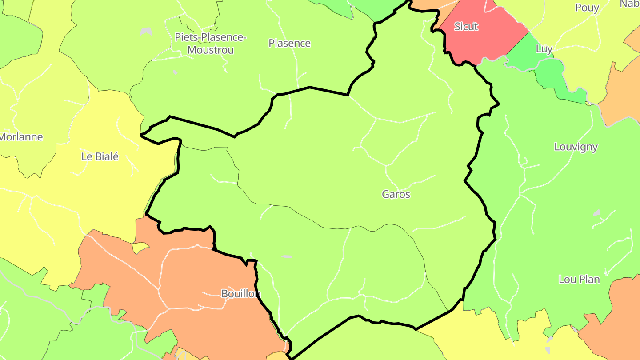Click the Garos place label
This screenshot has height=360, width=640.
coord(396,194)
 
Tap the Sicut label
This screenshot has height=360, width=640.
coord(466,27)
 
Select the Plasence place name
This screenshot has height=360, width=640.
coord(289,43)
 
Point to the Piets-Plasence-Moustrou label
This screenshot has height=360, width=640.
coord(210,44)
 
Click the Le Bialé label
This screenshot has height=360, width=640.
coord(100,156)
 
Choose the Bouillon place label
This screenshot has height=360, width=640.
coord(240,294)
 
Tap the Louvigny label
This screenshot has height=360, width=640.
coord(576,147)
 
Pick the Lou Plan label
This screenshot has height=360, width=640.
coord(579,280)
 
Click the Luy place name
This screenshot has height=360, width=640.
coord(544,49)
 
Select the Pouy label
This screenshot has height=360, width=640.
coord(587,8)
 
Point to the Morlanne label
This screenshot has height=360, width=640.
coord(21,137)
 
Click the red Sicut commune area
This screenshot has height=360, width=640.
coord(484,42)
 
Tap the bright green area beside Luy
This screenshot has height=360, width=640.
coord(556,76)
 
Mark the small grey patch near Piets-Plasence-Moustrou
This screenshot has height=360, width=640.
coord(146,32)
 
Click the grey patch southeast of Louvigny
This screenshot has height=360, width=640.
coord(597,213)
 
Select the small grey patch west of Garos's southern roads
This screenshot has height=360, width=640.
coord(286,256)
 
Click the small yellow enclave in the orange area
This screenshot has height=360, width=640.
coord(140,247)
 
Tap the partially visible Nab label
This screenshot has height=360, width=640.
coord(630,4)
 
